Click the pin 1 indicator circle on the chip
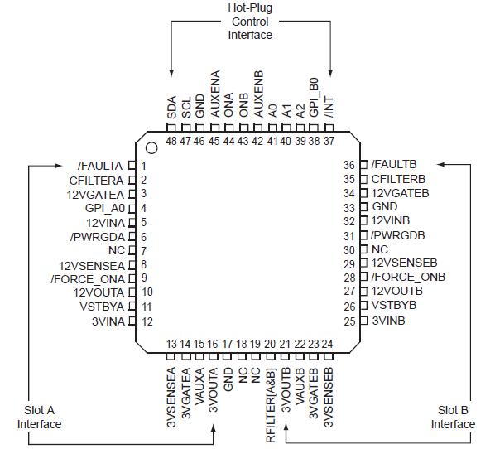pyautogui.click(x=152, y=149)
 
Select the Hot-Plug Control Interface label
pyautogui.click(x=250, y=22)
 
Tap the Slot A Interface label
pyautogui.click(x=40, y=418)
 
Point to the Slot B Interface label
pyautogui.click(x=453, y=418)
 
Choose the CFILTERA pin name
pyautogui.click(x=97, y=180)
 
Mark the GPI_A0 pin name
pyautogui.click(x=103, y=208)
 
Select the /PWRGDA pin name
pyautogui.click(x=99, y=237)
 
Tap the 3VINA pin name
pyautogui.click(x=108, y=321)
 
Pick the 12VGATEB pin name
pyautogui.click(x=398, y=193)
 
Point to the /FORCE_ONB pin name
pyautogui.click(x=408, y=277)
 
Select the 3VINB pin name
pyautogui.click(x=388, y=321)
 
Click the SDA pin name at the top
pyautogui.click(x=172, y=109)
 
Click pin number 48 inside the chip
pyautogui.click(x=172, y=141)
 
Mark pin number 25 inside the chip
pyautogui.click(x=349, y=321)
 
